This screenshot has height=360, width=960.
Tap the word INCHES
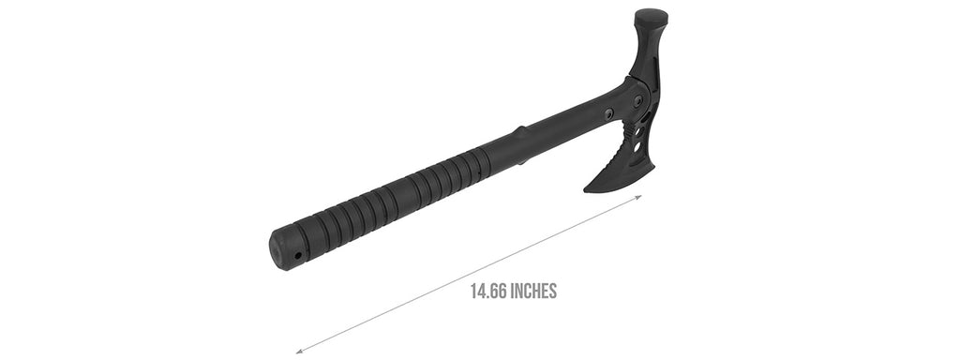[532, 291]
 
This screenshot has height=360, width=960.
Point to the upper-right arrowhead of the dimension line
[639, 197]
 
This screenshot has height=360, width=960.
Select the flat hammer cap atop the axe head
[651, 17]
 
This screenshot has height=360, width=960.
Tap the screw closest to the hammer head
[638, 100]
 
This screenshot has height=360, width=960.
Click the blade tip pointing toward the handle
[588, 189]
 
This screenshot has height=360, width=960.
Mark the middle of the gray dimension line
[469, 274]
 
